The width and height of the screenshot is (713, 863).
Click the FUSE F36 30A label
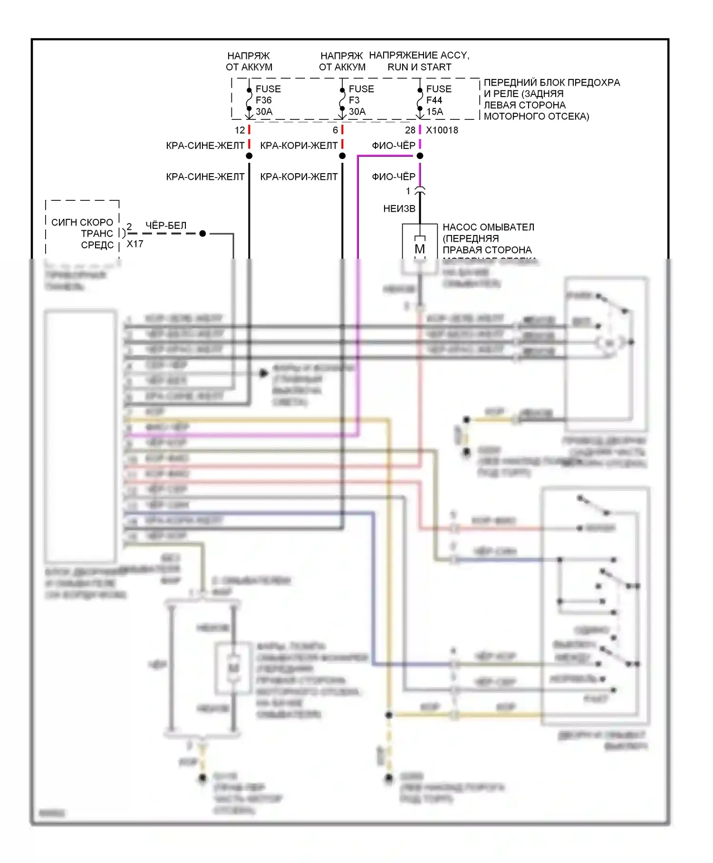click(x=268, y=100)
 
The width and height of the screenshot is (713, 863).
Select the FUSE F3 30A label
click(x=361, y=100)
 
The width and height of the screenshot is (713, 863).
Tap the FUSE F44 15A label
click(x=438, y=100)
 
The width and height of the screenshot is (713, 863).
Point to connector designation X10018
click(x=442, y=130)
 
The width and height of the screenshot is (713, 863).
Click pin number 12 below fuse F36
click(x=240, y=130)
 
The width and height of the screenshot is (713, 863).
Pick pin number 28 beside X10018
click(x=410, y=130)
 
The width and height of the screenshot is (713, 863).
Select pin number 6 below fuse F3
click(x=335, y=130)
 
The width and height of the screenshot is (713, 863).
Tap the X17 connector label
click(x=135, y=244)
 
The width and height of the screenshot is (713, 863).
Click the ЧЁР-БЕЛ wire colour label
click(x=166, y=226)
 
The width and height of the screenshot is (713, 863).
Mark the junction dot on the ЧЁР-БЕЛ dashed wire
click(x=202, y=234)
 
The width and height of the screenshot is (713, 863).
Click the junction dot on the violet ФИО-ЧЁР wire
click(x=420, y=156)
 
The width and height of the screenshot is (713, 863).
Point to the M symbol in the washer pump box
click(x=420, y=249)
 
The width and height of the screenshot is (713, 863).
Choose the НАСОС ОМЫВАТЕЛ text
click(x=488, y=227)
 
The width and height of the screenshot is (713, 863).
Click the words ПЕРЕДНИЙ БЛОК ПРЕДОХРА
click(x=551, y=83)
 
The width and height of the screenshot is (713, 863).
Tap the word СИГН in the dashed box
click(x=62, y=222)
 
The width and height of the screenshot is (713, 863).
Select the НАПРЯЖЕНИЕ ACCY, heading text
click(x=419, y=56)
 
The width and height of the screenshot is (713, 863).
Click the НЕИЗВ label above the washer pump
click(x=399, y=209)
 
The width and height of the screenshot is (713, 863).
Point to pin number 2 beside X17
click(x=129, y=226)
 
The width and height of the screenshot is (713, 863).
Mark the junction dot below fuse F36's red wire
click(x=249, y=156)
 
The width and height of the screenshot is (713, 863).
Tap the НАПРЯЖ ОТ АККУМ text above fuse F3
click(x=342, y=62)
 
